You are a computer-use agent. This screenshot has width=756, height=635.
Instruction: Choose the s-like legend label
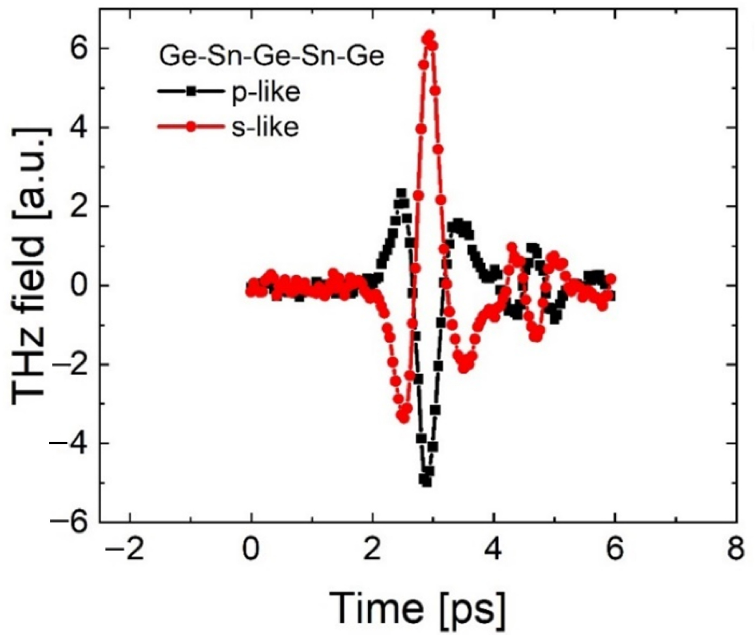tap(265, 127)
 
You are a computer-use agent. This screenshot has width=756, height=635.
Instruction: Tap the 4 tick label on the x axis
tap(493, 549)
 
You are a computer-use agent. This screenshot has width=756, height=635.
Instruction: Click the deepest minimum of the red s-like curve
tap(404, 418)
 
